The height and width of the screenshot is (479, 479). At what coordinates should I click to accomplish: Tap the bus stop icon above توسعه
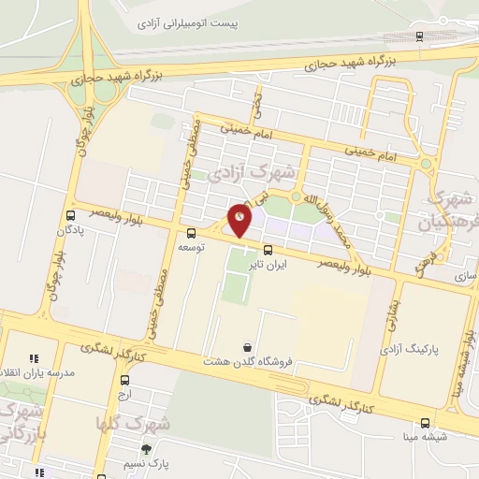tap(192, 233)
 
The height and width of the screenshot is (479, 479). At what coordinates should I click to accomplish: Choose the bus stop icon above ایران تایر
tap(269, 250)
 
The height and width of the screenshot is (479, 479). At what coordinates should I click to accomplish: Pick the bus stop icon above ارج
tap(125, 380)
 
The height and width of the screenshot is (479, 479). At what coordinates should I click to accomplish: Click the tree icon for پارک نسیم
tap(145, 449)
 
